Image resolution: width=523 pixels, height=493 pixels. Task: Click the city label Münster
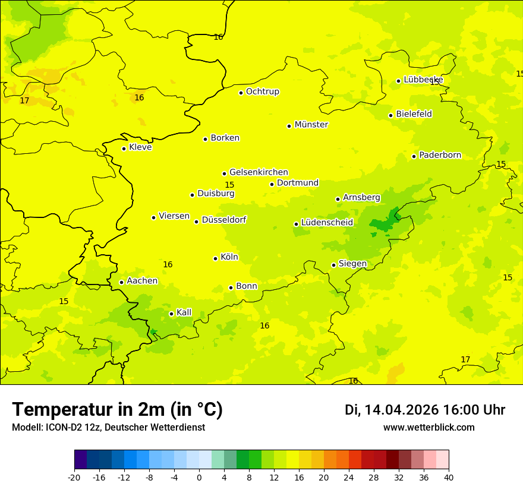point(311,125)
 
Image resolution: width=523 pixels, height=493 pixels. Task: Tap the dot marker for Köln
point(215,258)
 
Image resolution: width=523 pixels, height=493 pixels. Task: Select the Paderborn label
point(440,155)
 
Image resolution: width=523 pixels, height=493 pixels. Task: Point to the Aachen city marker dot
point(121,282)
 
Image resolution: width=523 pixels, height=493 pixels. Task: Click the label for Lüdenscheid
point(327,223)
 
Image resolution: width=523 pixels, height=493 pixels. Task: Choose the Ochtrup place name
point(262,91)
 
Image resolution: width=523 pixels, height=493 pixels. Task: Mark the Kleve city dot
point(124,148)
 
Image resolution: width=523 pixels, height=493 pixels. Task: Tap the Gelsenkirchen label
point(259,172)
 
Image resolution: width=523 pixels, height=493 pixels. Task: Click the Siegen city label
point(352,264)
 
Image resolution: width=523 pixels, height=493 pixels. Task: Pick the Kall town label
point(184,312)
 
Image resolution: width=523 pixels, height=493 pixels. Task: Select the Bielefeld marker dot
point(390,115)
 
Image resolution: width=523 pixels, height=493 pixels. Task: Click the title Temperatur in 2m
point(117,410)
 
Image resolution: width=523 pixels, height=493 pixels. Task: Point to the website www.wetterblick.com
point(429,428)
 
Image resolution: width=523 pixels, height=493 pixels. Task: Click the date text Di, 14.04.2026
point(391,410)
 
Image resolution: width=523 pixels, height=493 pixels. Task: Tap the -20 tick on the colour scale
point(74,477)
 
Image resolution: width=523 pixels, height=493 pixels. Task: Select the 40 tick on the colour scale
point(449,477)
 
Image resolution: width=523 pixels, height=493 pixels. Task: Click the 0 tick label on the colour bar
point(199,477)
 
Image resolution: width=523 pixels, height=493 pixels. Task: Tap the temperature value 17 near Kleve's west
point(24,100)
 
